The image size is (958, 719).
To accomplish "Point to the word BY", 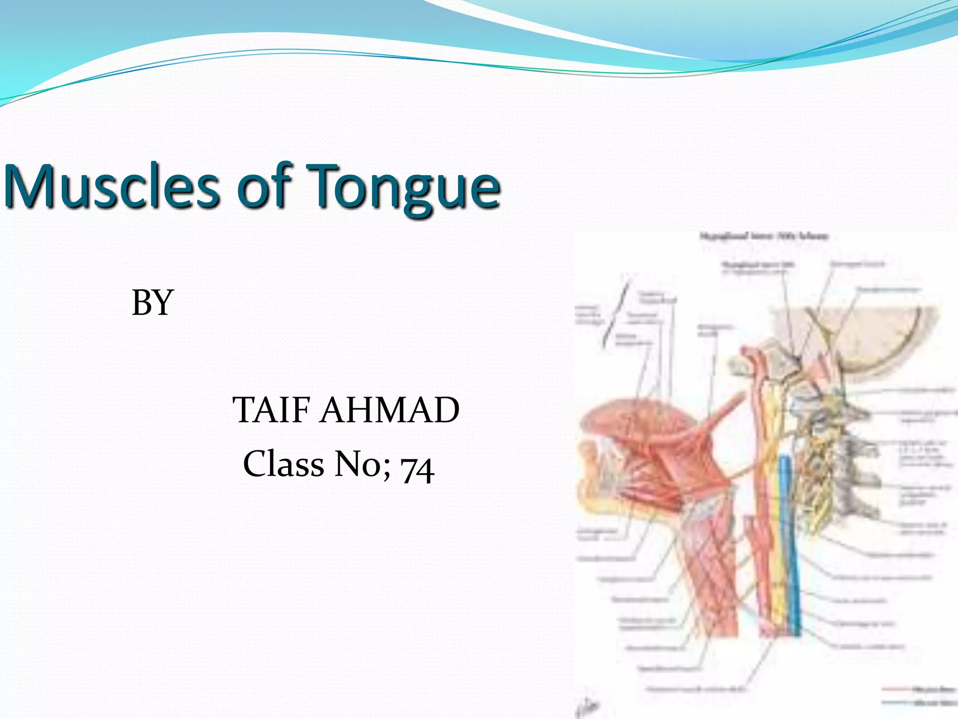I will [x=152, y=303].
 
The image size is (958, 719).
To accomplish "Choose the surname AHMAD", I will [x=389, y=410].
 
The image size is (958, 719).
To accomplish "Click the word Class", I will [x=283, y=464].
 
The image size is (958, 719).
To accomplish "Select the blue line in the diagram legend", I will [x=896, y=703].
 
